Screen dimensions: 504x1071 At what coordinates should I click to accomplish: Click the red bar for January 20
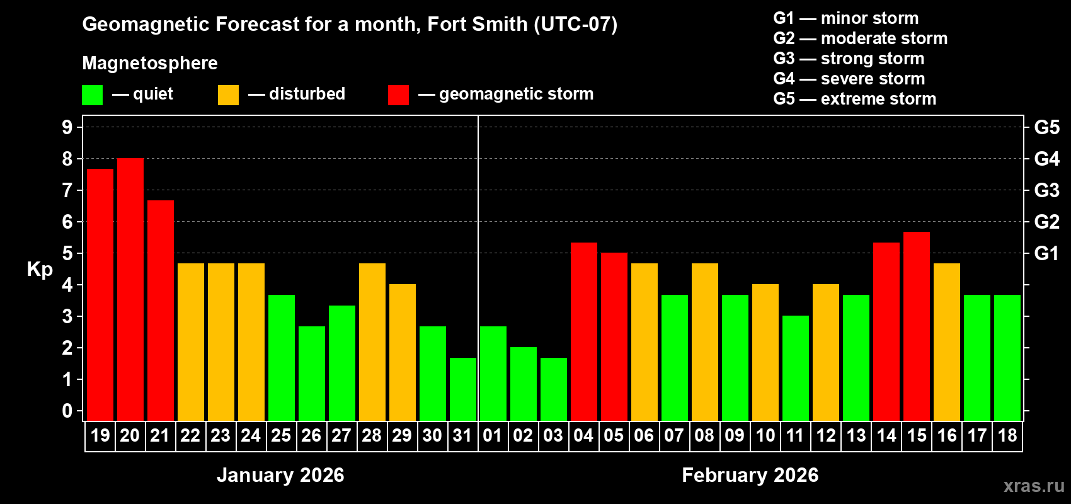130,290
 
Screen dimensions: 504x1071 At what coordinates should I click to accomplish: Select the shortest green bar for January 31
463,389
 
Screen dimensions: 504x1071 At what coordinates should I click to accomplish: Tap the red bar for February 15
917,326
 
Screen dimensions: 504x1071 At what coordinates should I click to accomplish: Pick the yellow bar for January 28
372,342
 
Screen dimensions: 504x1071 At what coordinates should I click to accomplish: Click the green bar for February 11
796,369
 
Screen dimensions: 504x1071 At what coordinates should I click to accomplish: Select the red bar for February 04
584,332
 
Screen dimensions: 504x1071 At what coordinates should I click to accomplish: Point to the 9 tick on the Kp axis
67,127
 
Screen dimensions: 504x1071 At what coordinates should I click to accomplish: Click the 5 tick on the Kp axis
67,253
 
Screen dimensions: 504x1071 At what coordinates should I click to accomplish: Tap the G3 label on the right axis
1046,190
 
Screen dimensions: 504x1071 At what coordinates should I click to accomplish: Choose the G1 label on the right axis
1046,253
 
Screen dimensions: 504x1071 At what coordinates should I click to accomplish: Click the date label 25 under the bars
281,436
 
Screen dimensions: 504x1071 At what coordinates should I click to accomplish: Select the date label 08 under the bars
704,436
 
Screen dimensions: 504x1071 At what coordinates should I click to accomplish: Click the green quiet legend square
93,95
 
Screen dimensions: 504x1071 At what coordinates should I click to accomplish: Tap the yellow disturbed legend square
228,95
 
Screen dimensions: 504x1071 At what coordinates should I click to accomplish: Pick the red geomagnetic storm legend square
398,95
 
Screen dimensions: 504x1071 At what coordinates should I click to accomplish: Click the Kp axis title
40,270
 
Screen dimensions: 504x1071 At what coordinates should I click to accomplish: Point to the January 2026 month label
280,475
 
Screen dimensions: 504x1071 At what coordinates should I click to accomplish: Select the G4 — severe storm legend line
849,79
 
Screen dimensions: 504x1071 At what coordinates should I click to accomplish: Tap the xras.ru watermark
1034,486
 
